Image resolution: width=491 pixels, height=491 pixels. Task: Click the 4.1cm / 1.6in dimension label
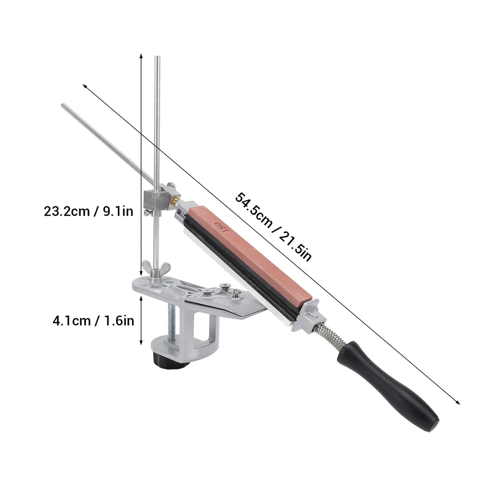93,320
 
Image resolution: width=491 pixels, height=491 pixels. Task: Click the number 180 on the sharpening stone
221,227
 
